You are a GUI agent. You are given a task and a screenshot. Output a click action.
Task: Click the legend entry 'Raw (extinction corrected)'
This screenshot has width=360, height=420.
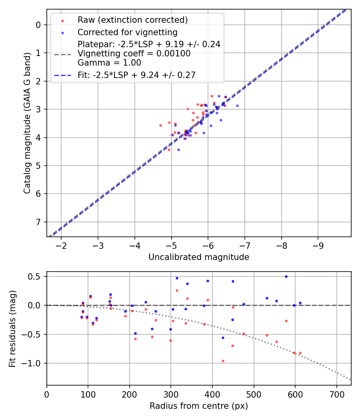132,20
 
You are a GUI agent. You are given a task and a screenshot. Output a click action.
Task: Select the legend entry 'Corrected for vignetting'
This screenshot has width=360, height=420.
128,32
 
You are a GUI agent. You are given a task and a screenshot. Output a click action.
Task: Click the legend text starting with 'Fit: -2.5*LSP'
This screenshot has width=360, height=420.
136,75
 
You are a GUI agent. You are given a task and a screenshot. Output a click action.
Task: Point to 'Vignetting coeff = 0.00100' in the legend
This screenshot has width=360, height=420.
134,54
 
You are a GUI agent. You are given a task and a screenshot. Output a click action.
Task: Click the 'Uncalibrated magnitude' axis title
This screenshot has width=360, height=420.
199,257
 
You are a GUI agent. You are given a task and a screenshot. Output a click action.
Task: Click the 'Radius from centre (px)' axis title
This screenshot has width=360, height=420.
199,406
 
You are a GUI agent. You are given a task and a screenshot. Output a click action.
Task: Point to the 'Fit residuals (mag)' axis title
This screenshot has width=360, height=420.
12,328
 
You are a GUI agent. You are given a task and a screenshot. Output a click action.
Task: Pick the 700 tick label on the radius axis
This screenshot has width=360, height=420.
336,394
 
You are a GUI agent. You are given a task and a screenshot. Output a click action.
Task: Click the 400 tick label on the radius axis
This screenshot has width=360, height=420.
212,394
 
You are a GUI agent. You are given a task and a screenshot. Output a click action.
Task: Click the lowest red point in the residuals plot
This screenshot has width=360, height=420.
223,361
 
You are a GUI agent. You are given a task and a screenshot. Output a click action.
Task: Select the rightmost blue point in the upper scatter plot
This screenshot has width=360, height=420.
237,106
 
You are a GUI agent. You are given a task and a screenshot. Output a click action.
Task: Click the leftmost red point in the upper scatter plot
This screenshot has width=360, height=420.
160,125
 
